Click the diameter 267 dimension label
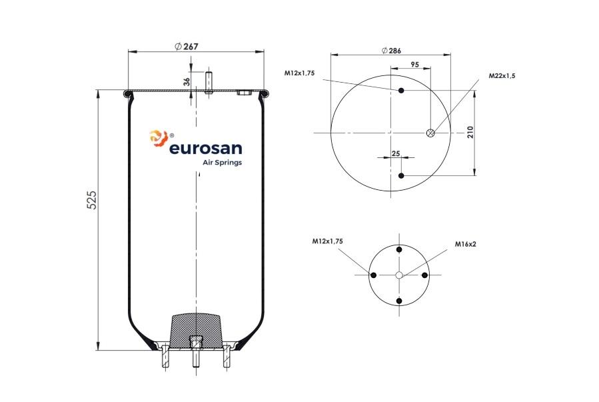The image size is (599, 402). tap(187, 46)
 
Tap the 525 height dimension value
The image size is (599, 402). tap(92, 200)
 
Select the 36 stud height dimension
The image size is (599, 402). tap(187, 81)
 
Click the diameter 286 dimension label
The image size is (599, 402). tap(392, 51)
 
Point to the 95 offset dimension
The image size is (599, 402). tap(415, 64)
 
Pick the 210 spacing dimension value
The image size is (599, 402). tap(470, 132)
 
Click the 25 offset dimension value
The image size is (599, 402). tap(396, 153)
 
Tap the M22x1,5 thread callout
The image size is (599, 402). tap(502, 75)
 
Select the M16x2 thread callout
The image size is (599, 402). tap(465, 244)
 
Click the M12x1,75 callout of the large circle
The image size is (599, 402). tap(300, 73)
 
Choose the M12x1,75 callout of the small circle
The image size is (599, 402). tap(327, 241)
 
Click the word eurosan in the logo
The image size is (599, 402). tap(205, 148)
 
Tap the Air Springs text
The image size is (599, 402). tap(222, 163)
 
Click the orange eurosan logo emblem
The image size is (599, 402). tap(159, 138)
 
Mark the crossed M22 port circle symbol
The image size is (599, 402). tap(430, 133)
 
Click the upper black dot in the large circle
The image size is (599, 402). tap(401, 91)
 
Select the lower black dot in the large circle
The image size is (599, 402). tap(401, 176)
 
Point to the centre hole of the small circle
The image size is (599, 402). tap(399, 275)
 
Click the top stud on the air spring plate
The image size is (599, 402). tap(209, 82)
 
